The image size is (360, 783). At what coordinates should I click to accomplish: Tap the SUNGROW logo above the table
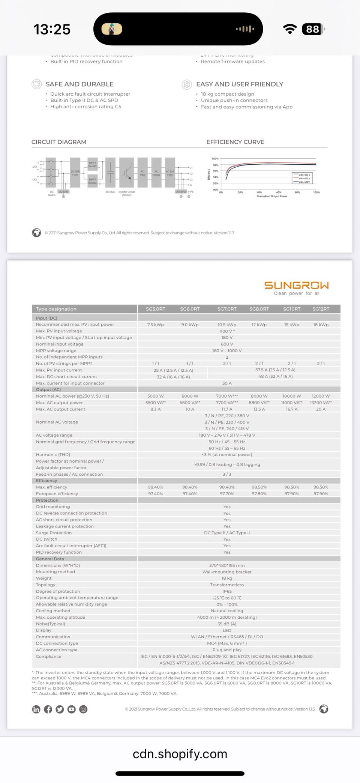[296, 286]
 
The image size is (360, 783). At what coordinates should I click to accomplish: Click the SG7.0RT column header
[227, 309]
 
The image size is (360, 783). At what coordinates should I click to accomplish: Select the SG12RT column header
[321, 309]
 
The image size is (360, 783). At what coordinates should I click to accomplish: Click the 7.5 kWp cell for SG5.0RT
[155, 325]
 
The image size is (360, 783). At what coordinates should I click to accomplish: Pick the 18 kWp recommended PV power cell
[321, 325]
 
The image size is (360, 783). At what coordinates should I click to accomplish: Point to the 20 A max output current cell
[321, 409]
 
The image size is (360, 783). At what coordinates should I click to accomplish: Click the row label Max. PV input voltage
[59, 331]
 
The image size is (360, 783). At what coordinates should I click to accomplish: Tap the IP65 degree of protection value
[227, 591]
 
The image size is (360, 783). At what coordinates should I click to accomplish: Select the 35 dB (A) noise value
[227, 624]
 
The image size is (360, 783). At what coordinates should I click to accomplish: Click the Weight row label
[44, 578]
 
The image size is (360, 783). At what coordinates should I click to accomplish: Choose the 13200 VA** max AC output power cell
[321, 403]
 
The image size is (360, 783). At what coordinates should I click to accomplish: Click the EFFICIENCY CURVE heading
[235, 142]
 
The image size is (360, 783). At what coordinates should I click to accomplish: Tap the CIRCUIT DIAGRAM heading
[59, 142]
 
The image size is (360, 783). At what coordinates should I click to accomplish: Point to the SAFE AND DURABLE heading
[79, 84]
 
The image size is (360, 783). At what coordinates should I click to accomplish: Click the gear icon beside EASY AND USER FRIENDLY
[186, 84]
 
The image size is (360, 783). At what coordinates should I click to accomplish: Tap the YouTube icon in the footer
[72, 709]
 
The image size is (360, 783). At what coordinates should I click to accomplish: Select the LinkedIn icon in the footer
[36, 709]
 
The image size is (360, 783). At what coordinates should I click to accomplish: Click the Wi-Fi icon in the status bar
[289, 29]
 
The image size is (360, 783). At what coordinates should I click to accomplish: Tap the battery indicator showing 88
[313, 29]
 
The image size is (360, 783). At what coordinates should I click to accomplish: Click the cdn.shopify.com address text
[180, 754]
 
